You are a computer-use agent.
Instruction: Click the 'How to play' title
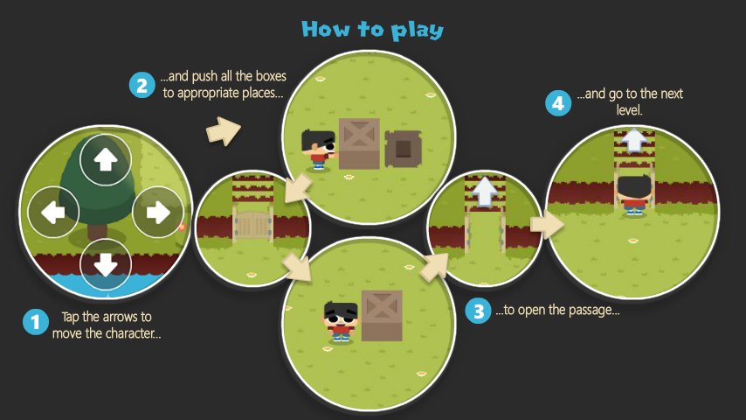click(372, 30)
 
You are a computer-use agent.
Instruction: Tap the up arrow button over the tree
click(105, 160)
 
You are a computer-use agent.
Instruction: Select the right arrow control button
click(158, 212)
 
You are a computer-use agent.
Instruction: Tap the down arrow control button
click(105, 265)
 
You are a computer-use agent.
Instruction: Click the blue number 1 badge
click(36, 322)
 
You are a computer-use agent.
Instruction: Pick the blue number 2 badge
click(142, 86)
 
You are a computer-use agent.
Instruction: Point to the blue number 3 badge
click(478, 311)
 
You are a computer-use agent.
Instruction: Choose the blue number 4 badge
click(558, 103)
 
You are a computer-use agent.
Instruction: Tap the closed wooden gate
click(253, 226)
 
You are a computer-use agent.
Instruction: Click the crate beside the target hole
click(359, 143)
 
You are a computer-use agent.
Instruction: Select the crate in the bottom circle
click(382, 316)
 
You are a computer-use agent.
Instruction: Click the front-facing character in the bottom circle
click(341, 322)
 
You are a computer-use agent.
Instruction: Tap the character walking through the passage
click(633, 195)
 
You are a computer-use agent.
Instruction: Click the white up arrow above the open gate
click(485, 192)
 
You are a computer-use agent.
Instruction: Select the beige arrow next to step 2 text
click(224, 130)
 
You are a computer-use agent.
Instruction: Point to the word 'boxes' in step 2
click(271, 76)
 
